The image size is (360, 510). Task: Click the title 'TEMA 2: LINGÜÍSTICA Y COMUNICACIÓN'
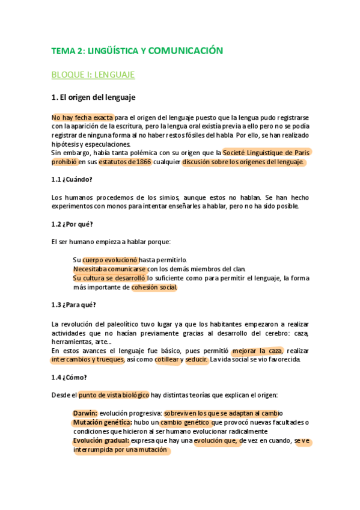pyautogui.click(x=137, y=51)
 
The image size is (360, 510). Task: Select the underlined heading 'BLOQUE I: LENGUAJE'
pyautogui.click(x=93, y=75)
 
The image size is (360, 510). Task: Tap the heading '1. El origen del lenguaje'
pyautogui.click(x=93, y=97)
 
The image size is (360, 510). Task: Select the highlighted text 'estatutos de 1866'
pyautogui.click(x=125, y=162)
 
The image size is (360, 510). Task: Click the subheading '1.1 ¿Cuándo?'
pyautogui.click(x=72, y=179)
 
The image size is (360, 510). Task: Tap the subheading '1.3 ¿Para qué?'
pyautogui.click(x=74, y=304)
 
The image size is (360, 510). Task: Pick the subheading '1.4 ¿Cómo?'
pyautogui.click(x=69, y=377)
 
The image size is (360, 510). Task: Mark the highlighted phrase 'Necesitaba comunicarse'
pyautogui.click(x=110, y=269)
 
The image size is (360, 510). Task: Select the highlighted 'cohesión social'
pyautogui.click(x=154, y=287)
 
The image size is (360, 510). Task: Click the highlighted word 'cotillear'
pyautogui.click(x=169, y=360)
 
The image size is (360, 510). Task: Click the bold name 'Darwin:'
pyautogui.click(x=85, y=413)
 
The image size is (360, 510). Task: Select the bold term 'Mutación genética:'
pyautogui.click(x=101, y=422)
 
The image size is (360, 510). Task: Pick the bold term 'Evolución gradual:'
pyautogui.click(x=101, y=441)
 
